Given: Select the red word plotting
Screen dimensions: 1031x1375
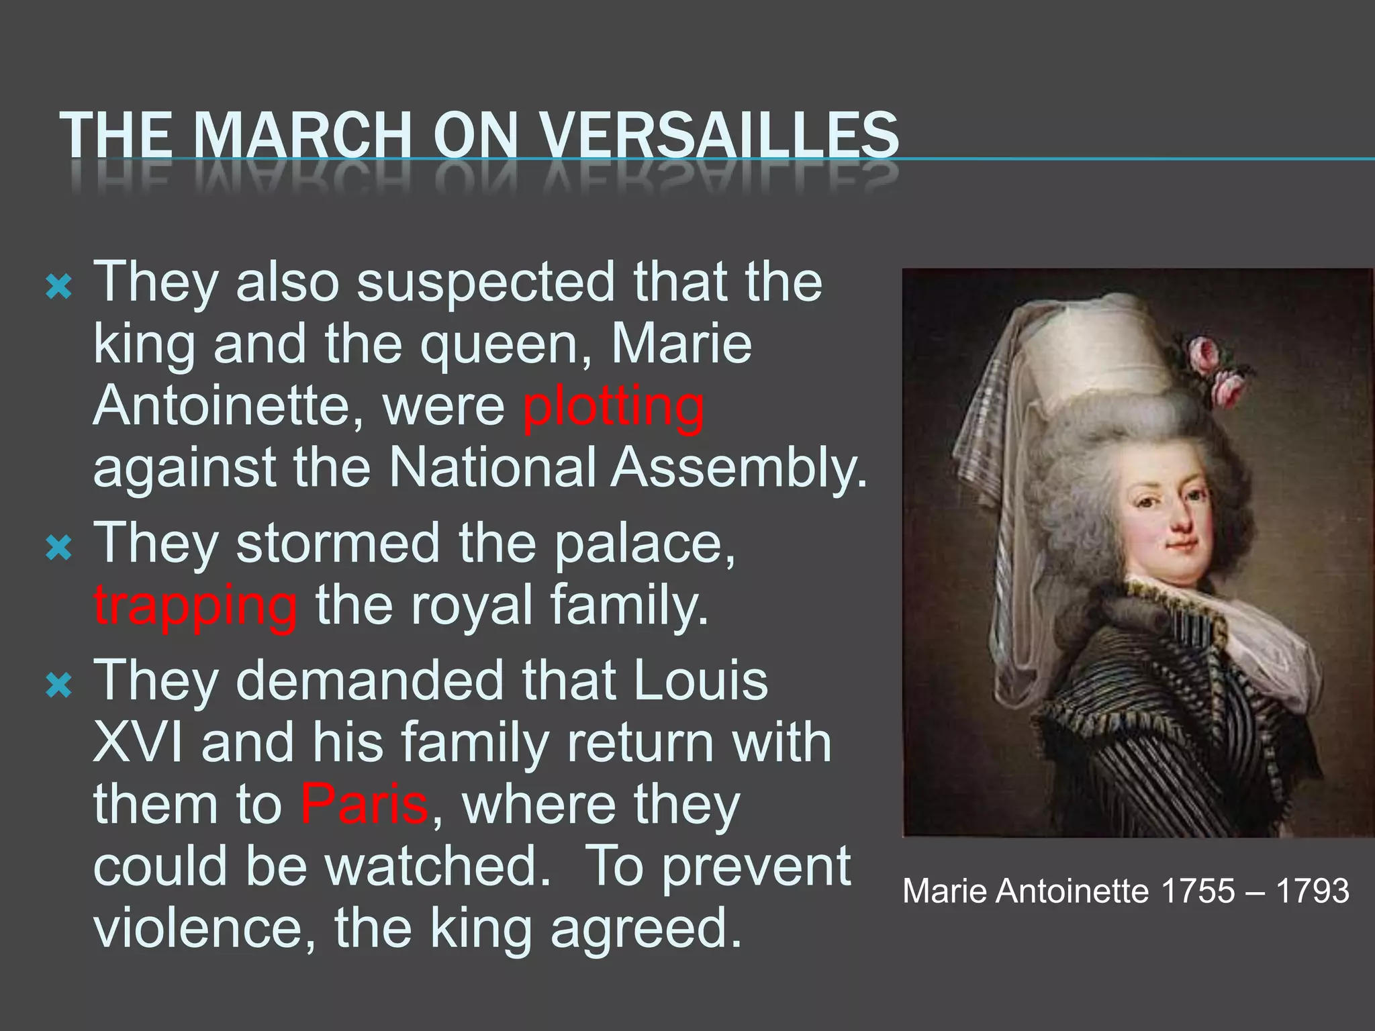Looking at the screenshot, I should [x=613, y=407].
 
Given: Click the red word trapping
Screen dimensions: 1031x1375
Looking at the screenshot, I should [x=195, y=605].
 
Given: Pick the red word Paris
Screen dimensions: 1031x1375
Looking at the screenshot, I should [x=364, y=803].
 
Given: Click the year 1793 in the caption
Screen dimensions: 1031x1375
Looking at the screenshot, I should [x=1312, y=891].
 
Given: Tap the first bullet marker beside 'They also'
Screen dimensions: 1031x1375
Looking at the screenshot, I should [x=58, y=289].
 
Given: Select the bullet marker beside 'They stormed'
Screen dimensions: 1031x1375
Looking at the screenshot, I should [x=58, y=550].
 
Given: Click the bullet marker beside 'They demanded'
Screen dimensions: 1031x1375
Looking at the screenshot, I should [x=58, y=687].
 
